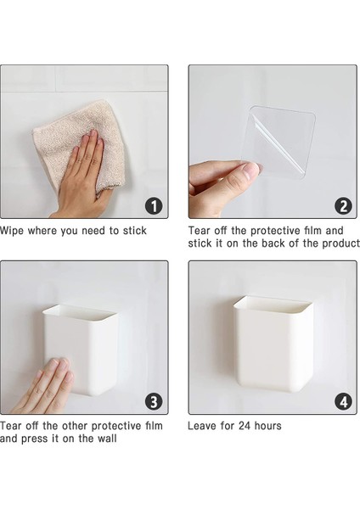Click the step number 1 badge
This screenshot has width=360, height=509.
(154, 206)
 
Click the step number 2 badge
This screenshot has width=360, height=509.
(343, 206)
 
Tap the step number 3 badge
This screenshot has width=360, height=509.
(154, 402)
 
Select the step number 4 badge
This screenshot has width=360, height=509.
(343, 402)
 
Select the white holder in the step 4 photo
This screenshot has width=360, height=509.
(273, 344)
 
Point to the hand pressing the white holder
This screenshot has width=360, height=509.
(42, 388)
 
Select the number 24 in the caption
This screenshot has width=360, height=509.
(244, 426)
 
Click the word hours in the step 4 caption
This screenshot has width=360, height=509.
(267, 426)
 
